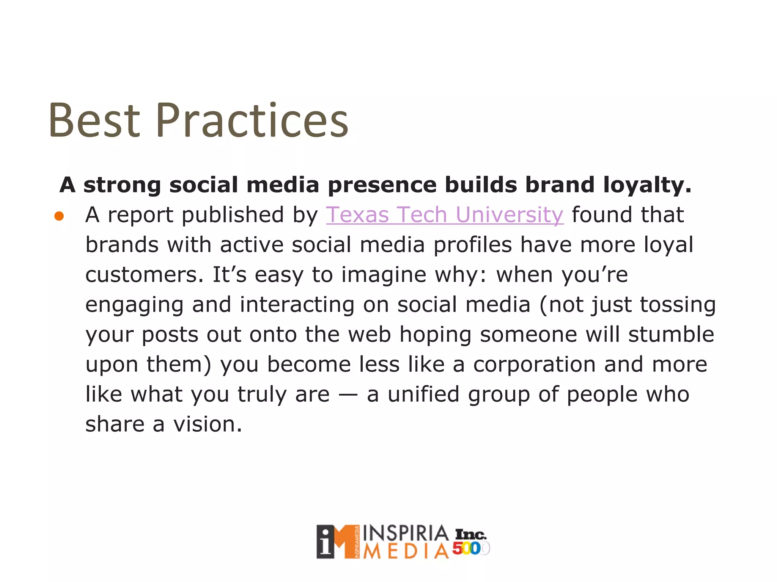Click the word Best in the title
[x=94, y=120]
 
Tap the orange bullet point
[x=59, y=216]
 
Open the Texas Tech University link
[x=445, y=215]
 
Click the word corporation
[x=534, y=365]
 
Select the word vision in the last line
[x=208, y=424]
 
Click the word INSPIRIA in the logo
[x=406, y=534]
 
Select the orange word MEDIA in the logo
[x=406, y=551]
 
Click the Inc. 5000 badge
[x=470, y=542]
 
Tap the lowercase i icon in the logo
[x=326, y=542]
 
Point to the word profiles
[x=472, y=245]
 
